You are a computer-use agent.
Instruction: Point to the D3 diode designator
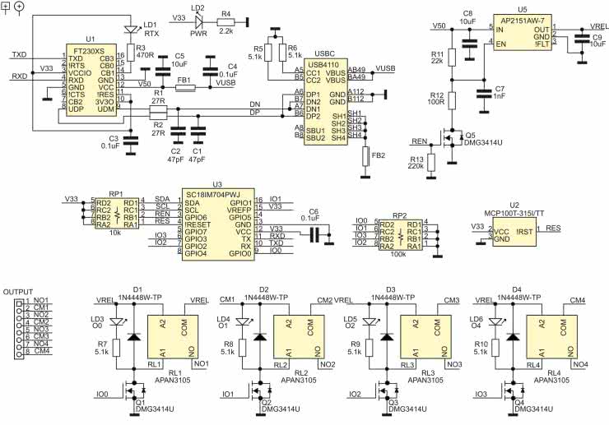point(391,290)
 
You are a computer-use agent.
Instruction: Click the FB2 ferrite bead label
point(379,155)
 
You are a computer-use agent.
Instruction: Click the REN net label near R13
point(418,140)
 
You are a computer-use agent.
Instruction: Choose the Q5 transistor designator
point(470,135)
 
